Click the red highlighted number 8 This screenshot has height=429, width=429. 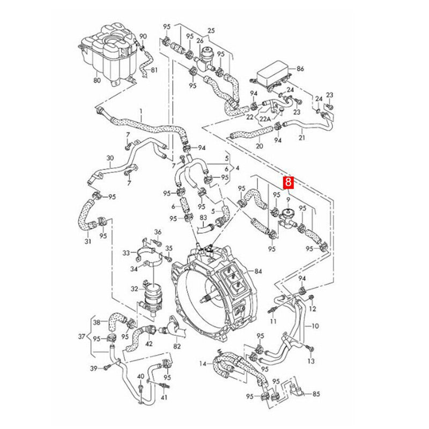[289, 183]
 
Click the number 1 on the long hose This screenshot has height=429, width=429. [141, 114]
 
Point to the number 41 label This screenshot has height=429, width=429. [164, 397]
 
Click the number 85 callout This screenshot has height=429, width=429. [316, 394]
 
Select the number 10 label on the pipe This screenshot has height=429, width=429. [315, 326]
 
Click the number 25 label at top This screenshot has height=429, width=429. [211, 30]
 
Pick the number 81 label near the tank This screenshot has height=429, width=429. [154, 70]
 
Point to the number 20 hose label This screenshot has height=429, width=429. [259, 145]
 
